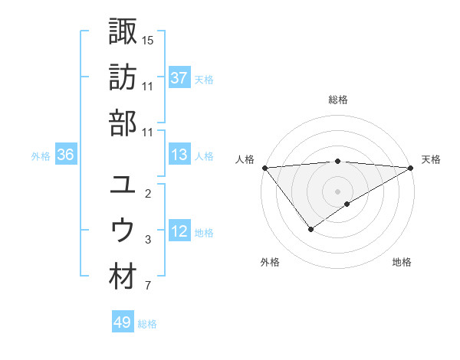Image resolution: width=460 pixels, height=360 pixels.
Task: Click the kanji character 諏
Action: [x=123, y=31]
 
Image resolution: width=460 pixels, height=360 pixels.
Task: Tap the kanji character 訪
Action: [x=123, y=77]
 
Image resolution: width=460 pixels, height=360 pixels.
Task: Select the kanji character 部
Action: [x=123, y=123]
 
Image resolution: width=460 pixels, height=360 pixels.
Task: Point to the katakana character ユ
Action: [x=123, y=185]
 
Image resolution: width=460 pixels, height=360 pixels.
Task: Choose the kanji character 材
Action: [x=123, y=277]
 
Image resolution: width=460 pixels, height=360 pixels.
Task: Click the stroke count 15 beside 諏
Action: [x=148, y=39]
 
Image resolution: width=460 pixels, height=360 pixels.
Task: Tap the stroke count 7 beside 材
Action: [x=148, y=286]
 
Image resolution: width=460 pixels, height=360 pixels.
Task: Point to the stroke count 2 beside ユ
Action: [x=148, y=193]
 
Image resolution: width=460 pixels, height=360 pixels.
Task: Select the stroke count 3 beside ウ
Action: [x=148, y=241]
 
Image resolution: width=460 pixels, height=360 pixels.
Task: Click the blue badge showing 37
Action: [x=179, y=78]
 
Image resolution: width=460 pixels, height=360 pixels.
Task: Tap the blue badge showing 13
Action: [x=179, y=155]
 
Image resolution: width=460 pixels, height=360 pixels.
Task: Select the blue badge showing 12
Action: [x=179, y=232]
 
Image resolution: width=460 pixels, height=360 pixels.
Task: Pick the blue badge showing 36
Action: [x=65, y=155]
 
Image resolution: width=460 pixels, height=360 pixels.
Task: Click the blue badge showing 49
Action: [x=123, y=322]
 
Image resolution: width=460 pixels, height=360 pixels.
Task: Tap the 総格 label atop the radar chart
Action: [x=338, y=100]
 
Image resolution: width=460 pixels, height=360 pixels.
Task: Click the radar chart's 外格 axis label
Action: [x=270, y=262]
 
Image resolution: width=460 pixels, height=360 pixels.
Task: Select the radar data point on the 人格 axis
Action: [x=264, y=168]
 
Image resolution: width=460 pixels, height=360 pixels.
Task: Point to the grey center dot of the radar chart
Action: [x=338, y=191]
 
